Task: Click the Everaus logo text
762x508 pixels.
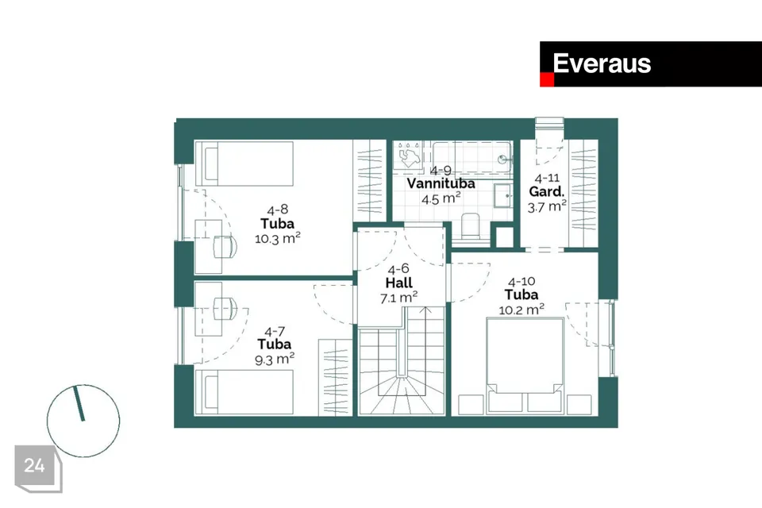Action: [602, 63]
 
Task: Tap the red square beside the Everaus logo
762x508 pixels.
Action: [547, 79]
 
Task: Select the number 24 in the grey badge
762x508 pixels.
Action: [34, 465]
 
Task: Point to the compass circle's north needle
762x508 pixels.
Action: [79, 404]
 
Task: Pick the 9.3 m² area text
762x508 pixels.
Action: [275, 360]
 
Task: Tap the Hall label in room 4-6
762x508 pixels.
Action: [398, 283]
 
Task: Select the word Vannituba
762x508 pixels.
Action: [441, 184]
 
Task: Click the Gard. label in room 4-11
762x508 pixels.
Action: [547, 191]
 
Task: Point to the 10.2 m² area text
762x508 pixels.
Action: [521, 310]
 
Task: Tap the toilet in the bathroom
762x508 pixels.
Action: [470, 226]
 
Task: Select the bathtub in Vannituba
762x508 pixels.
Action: [471, 157]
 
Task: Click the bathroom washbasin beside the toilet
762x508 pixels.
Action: [503, 196]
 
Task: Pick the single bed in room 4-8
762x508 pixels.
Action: [244, 164]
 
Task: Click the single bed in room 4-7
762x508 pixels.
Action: [244, 392]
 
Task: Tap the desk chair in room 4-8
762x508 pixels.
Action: [225, 247]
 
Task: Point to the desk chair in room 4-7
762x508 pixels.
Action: [225, 308]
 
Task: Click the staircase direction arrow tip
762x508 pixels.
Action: [425, 307]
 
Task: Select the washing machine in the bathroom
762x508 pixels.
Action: [408, 155]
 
